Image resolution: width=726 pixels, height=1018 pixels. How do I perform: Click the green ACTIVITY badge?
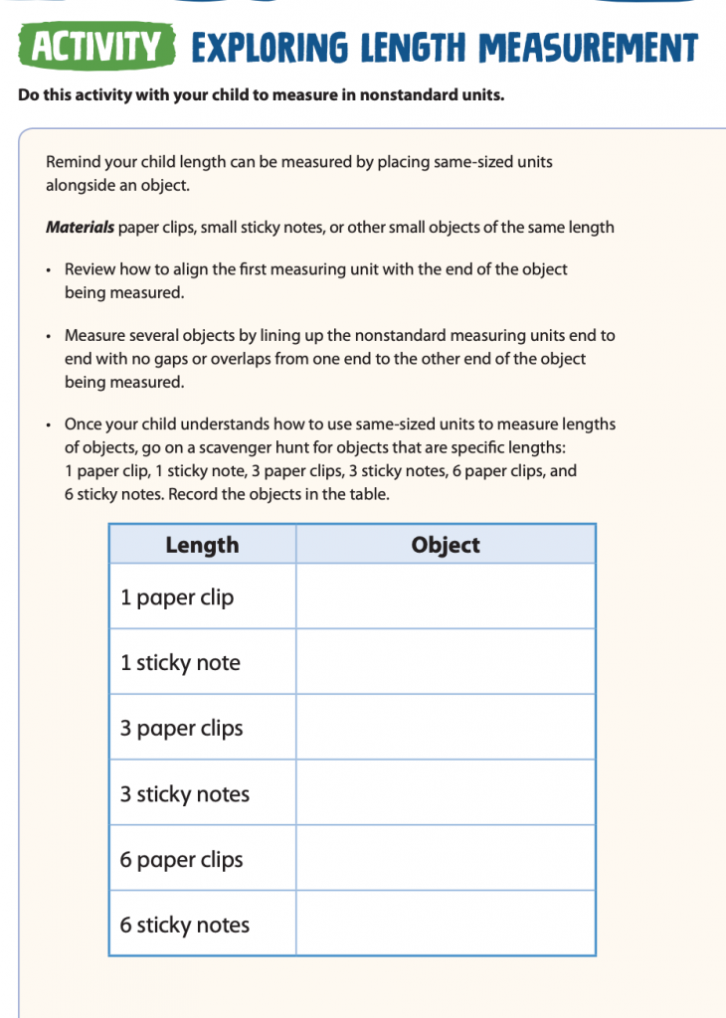[x=95, y=47]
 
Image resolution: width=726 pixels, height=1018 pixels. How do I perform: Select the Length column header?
[x=202, y=545]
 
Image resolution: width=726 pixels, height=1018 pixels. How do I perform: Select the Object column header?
[x=446, y=545]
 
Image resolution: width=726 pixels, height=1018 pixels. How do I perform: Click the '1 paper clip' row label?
[x=177, y=597]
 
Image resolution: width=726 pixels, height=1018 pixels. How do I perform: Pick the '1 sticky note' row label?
[x=180, y=663]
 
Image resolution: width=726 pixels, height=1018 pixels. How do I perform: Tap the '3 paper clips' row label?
[x=181, y=728]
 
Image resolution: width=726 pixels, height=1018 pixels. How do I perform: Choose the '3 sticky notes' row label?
[x=185, y=794]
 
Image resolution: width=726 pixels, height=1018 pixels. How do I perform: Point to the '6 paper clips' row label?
[x=181, y=860]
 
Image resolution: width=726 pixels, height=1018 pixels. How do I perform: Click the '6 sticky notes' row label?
[x=185, y=925]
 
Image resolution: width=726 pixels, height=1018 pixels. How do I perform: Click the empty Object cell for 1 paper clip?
[x=446, y=596]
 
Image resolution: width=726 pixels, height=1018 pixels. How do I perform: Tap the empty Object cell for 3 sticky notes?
[x=446, y=793]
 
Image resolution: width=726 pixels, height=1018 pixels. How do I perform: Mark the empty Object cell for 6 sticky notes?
[x=446, y=924]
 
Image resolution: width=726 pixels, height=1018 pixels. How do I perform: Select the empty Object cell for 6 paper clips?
[x=446, y=858]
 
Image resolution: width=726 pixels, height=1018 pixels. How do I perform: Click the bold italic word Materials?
[x=80, y=227]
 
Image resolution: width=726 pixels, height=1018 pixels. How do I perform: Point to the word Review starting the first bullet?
[x=90, y=268]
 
